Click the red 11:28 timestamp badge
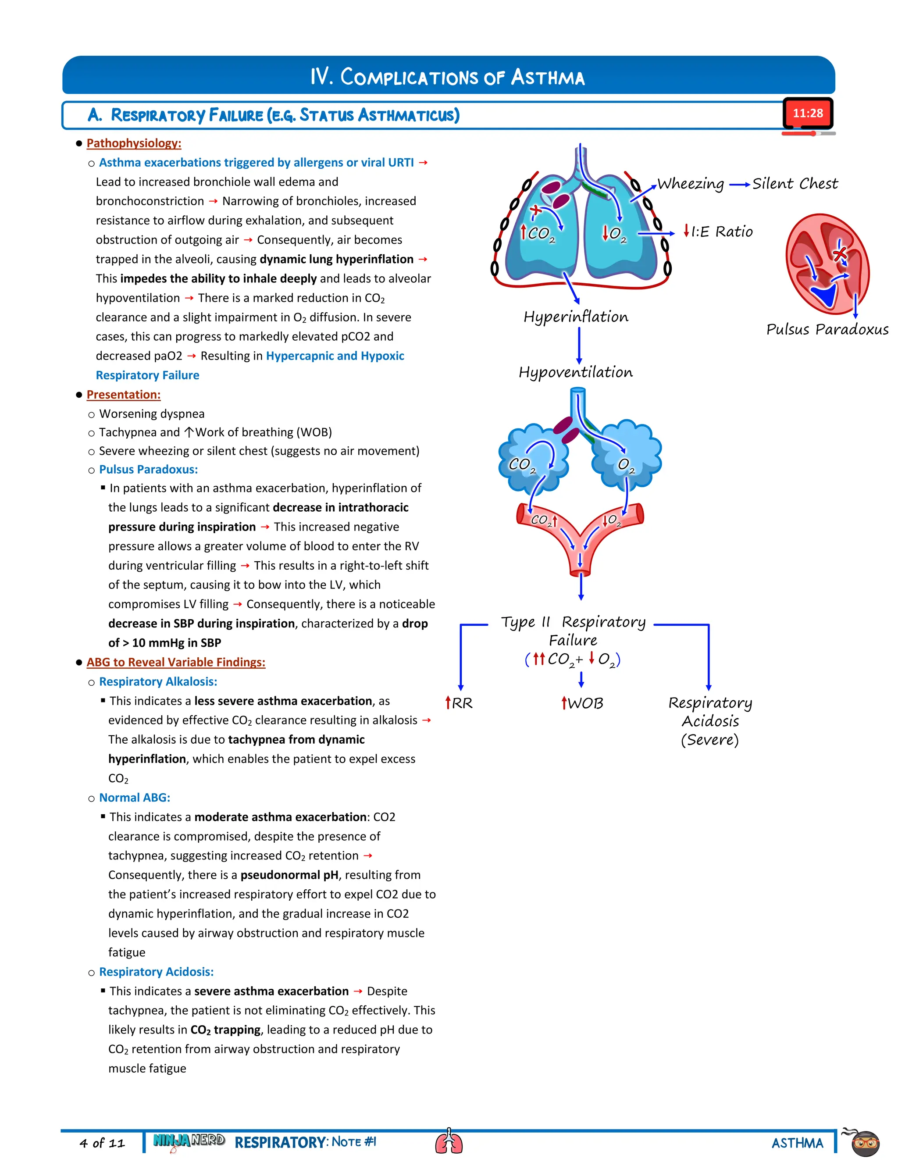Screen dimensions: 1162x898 coord(807,113)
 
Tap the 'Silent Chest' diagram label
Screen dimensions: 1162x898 coord(795,184)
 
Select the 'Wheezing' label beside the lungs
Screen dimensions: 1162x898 coord(691,184)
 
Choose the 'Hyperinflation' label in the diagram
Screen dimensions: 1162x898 coord(576,317)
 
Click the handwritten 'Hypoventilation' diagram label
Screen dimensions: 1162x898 coord(576,372)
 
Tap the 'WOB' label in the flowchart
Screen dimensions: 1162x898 coord(585,703)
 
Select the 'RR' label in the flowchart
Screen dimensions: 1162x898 coord(462,703)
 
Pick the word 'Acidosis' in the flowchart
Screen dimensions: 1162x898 coord(710,721)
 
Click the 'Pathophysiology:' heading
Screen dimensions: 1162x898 coord(134,143)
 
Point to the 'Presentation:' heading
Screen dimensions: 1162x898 coord(123,395)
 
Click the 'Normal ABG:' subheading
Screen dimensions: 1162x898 coord(135,798)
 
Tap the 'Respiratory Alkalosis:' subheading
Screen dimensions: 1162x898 coord(158,681)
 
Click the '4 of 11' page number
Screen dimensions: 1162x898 coord(102,1143)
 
